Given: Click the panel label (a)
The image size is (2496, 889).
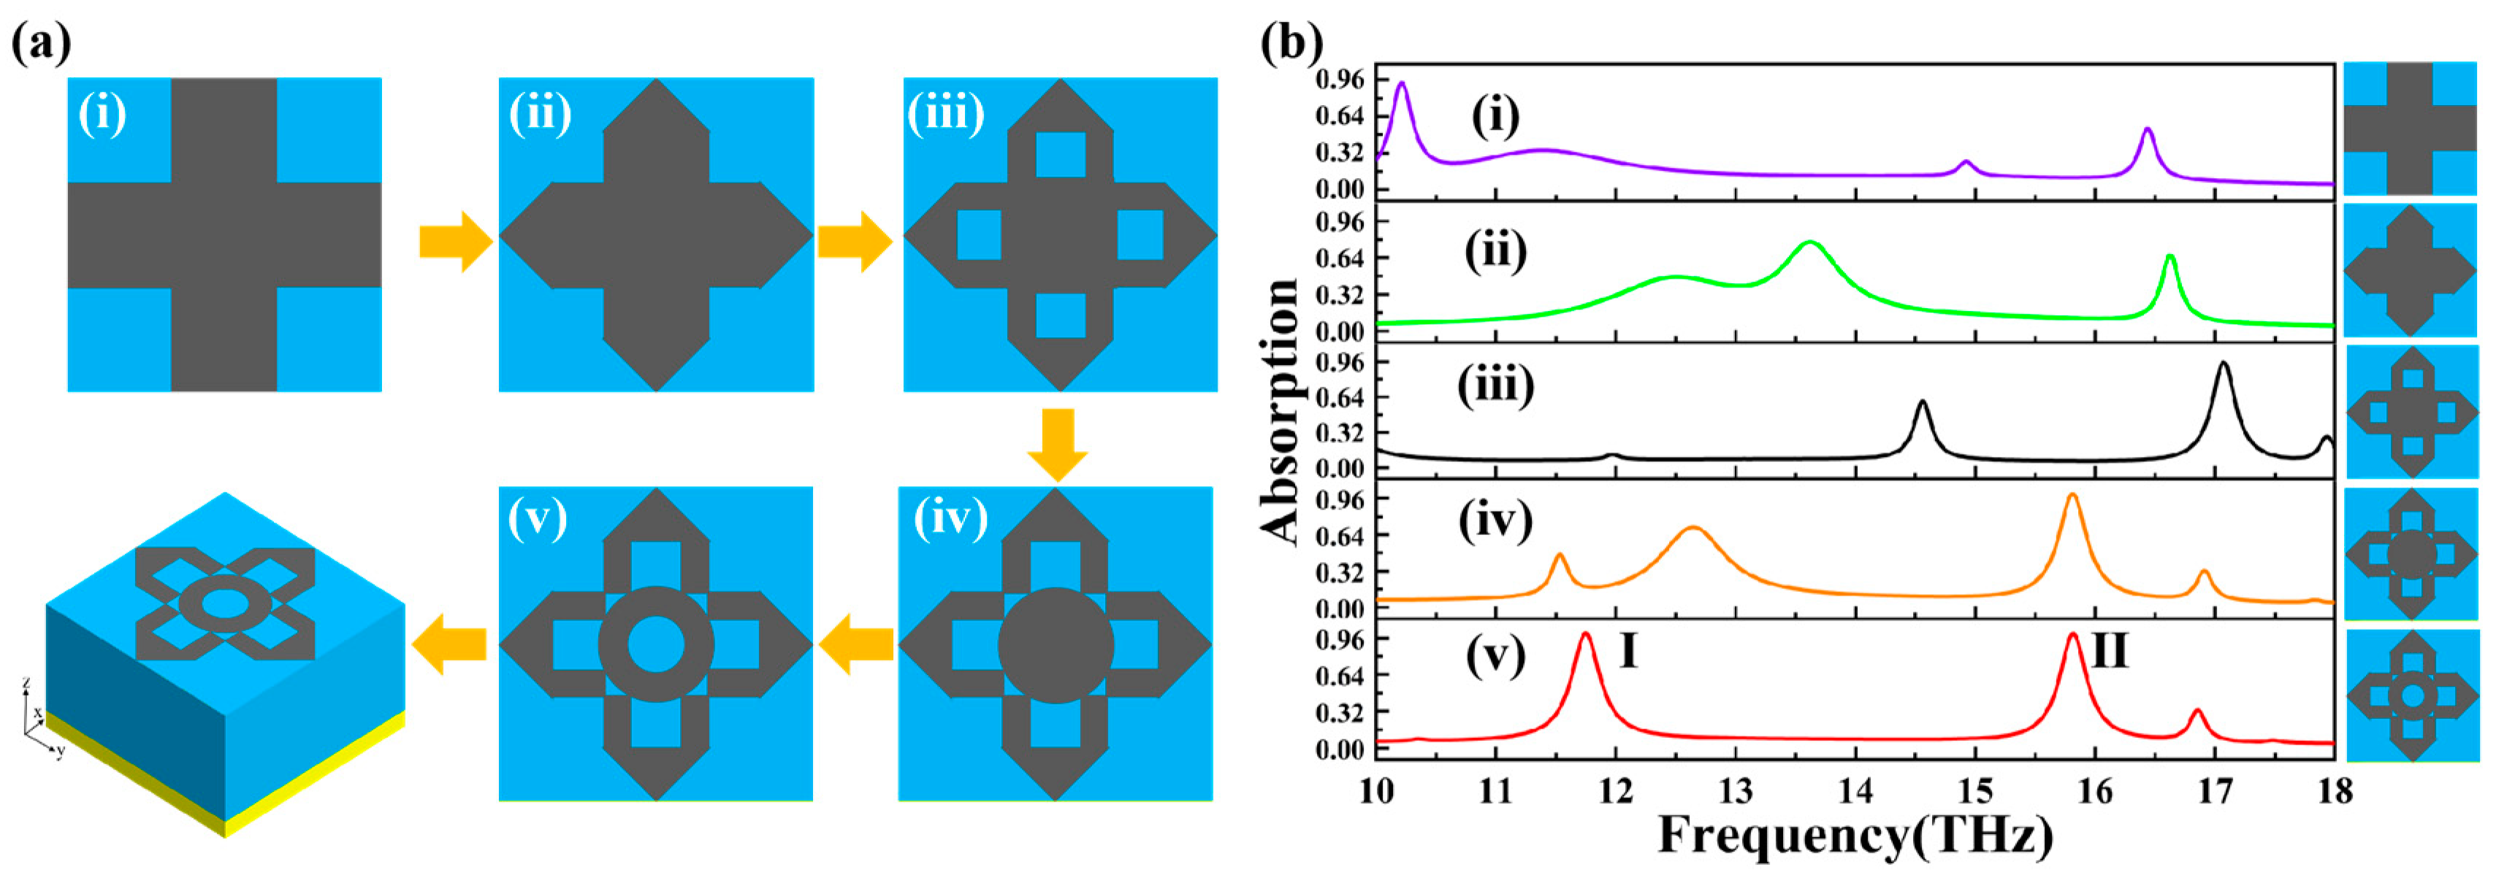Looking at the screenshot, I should click(42, 44).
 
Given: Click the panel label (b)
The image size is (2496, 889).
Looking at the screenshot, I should click(1291, 44).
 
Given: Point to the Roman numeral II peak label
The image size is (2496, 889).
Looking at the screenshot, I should click(2110, 652).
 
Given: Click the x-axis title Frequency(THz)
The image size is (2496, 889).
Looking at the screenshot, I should click(1855, 836).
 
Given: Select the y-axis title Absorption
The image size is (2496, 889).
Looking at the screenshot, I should click(1281, 412).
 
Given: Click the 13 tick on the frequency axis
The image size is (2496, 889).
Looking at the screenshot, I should click(1736, 791).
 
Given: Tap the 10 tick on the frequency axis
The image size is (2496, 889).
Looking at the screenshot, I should click(1376, 791).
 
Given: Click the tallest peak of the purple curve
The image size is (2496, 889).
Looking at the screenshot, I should click(1400, 84).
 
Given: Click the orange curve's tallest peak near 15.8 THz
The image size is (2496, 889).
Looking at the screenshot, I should click(2072, 496).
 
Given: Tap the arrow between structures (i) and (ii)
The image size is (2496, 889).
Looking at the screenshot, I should click(454, 241).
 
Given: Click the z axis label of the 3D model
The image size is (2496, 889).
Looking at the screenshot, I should click(26, 684).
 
